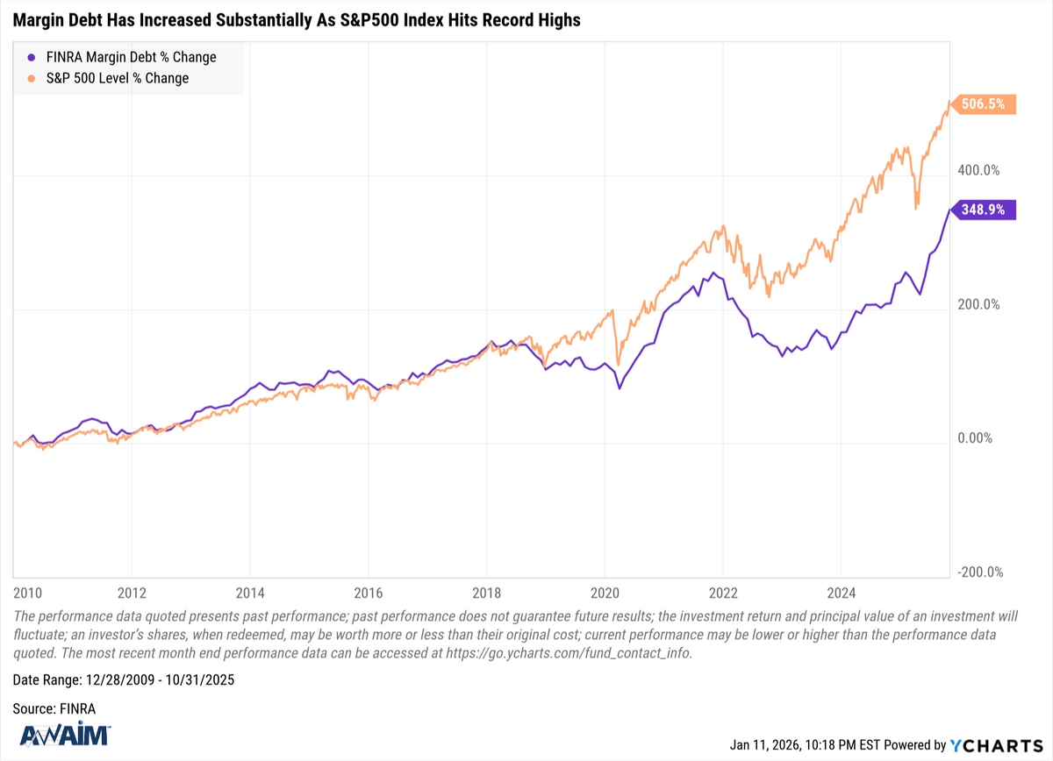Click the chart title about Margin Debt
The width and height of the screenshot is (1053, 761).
297,20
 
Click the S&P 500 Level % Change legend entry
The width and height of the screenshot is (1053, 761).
107,78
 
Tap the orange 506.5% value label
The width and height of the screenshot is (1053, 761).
986,104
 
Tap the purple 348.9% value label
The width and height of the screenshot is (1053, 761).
986,210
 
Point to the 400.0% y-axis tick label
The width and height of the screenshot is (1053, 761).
977,170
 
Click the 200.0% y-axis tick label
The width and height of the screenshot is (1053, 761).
977,304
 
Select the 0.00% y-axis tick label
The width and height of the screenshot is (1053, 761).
977,438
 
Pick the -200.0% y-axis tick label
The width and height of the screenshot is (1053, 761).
975,572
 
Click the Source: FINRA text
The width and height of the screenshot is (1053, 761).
54,708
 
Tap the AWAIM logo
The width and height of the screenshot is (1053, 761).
61,735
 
